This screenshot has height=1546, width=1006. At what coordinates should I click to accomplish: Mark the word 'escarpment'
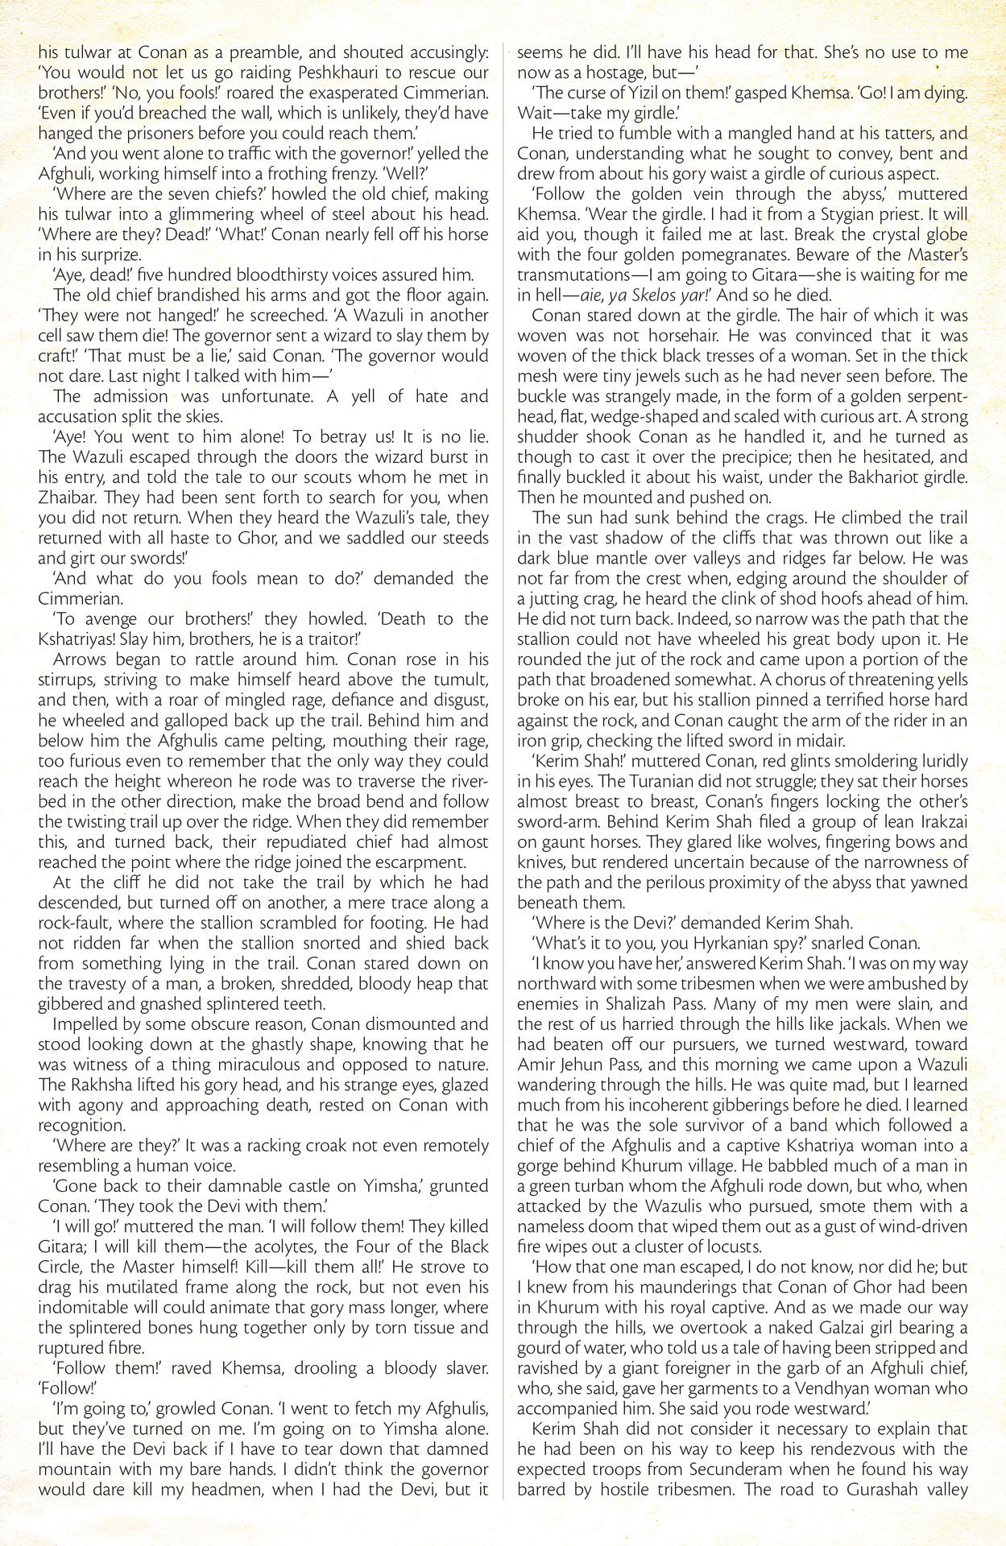[435, 862]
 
